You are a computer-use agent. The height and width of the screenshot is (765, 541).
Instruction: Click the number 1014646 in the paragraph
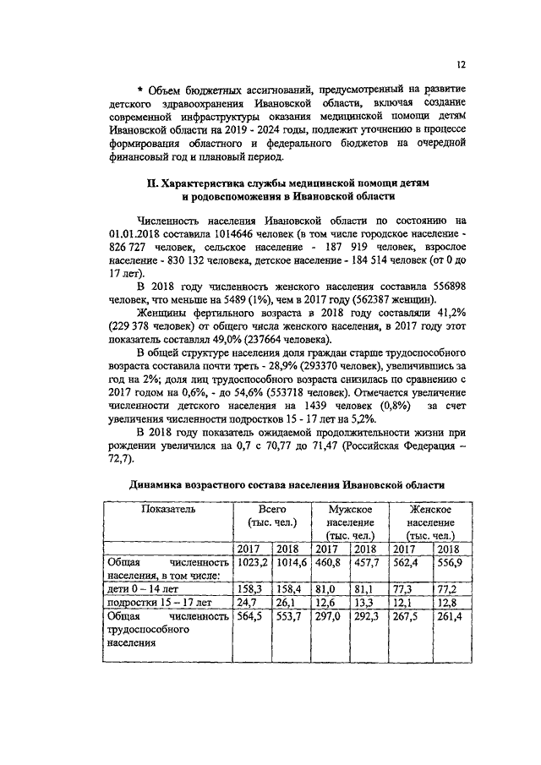click(211, 232)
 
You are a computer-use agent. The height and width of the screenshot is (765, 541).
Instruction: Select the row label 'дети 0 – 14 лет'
click(140, 587)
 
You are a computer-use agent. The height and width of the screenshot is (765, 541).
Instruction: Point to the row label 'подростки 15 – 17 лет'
click(157, 602)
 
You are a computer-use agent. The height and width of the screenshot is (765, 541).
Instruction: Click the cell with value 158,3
click(249, 587)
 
